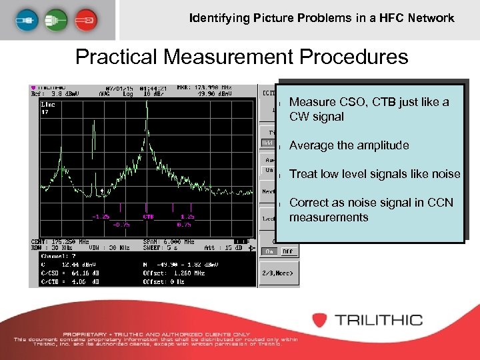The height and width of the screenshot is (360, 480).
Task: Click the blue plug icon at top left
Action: (x=25, y=19)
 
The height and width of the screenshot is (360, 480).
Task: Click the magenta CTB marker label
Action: (x=148, y=217)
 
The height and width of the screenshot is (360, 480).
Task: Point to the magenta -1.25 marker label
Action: (x=101, y=217)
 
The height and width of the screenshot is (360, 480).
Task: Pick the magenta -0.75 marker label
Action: (x=121, y=224)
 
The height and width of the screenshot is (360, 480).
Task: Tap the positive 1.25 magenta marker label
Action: (x=187, y=217)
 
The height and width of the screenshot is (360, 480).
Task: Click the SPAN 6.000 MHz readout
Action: (x=169, y=242)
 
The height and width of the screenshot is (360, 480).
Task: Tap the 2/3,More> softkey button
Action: (x=277, y=273)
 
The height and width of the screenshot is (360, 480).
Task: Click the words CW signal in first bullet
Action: (x=317, y=117)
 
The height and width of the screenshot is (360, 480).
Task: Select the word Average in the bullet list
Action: (x=310, y=145)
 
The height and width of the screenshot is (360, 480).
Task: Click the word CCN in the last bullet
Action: (x=440, y=203)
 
